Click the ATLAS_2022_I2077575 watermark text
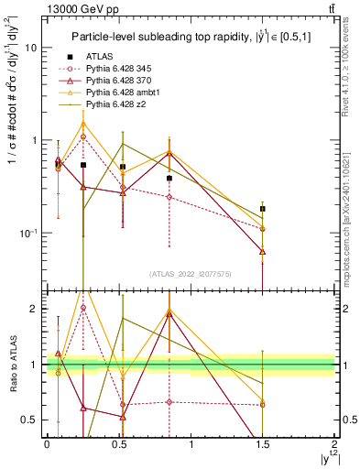190,274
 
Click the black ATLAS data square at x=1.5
263,209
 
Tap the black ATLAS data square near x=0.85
169,179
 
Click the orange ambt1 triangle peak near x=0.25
83,123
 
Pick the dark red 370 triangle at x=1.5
263,251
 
